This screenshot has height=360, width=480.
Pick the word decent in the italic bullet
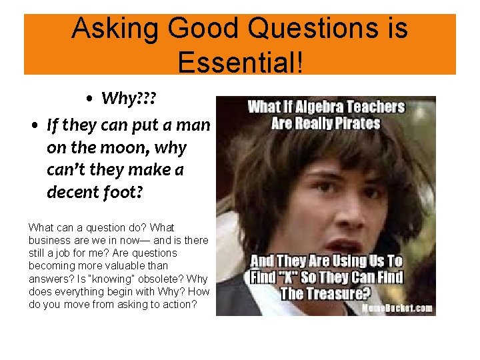(72, 192)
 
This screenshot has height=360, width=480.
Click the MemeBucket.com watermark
(397, 308)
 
